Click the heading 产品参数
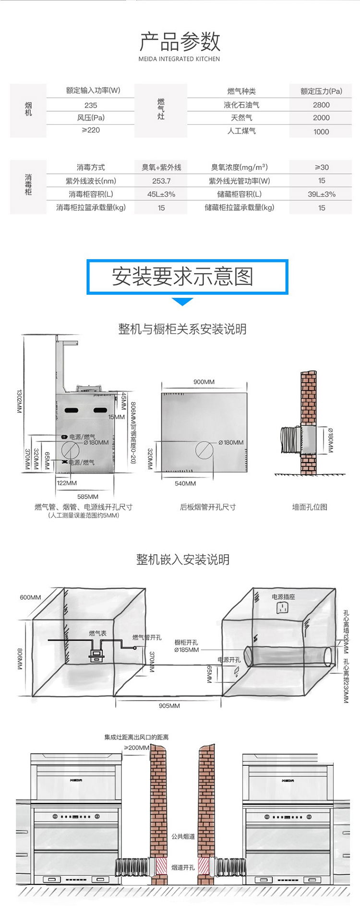(180, 42)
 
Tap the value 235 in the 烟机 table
(90, 105)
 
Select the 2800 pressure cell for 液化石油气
(321, 105)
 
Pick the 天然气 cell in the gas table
(241, 118)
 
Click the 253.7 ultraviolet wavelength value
(161, 181)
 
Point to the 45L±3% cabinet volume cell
(161, 194)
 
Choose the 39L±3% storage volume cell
(322, 194)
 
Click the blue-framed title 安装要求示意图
(182, 276)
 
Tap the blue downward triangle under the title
(182, 301)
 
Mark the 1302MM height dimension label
(19, 401)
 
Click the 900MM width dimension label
(204, 382)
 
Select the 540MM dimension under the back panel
(185, 483)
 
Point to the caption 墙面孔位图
(310, 507)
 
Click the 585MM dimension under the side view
(88, 497)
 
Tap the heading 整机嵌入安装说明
(183, 560)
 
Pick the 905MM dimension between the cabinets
(169, 706)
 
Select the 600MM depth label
(30, 597)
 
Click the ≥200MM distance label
(137, 748)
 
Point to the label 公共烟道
(183, 836)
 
